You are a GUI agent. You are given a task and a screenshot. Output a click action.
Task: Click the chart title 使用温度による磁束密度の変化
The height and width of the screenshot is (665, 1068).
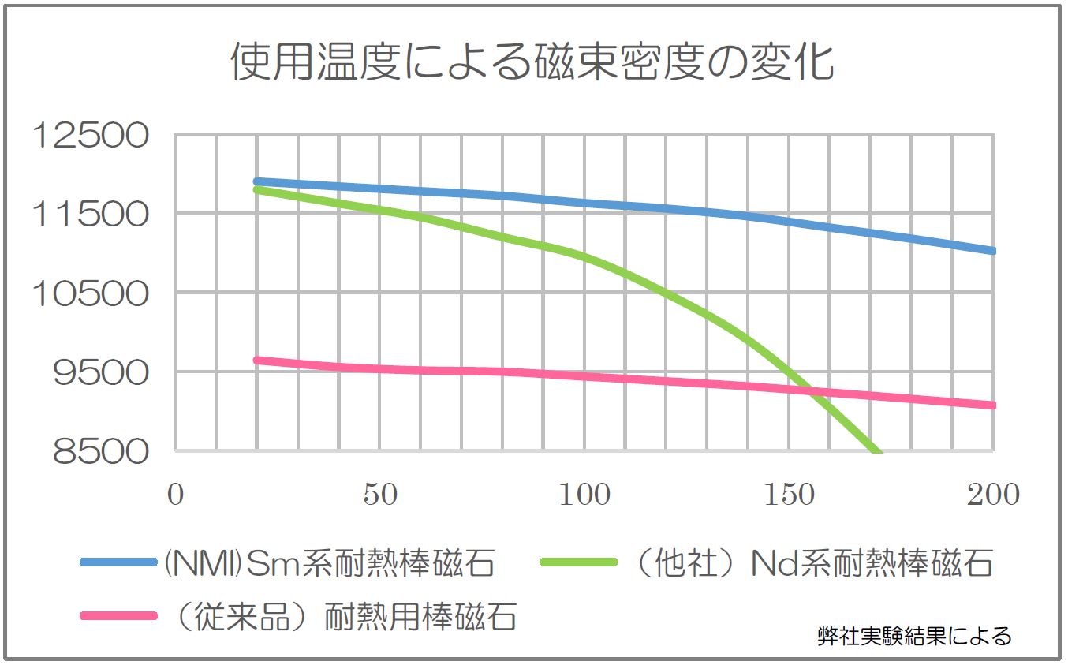point(532,62)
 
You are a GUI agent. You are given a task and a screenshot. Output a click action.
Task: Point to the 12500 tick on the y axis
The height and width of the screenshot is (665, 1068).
point(89,136)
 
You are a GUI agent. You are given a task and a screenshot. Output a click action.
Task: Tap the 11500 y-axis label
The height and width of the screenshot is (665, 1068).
point(89,214)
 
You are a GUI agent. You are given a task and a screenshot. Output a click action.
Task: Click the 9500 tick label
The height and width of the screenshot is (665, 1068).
point(100,372)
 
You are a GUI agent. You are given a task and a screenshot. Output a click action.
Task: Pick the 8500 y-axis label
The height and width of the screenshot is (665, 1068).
point(100,451)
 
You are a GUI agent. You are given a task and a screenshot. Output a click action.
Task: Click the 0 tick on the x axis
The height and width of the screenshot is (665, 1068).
point(175,495)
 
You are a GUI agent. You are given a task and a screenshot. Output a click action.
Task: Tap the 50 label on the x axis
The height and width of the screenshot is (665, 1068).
point(380,495)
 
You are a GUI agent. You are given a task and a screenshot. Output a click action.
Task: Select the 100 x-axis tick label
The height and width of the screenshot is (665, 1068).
point(584,495)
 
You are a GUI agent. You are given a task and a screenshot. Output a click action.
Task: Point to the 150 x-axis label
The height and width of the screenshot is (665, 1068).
point(790,495)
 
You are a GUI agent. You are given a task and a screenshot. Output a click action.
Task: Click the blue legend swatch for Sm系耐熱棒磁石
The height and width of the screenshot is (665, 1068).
point(120,562)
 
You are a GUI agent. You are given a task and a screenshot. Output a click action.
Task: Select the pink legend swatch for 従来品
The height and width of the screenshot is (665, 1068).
point(120,616)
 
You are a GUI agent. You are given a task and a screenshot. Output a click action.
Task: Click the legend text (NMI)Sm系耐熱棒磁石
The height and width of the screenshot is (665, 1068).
point(330,563)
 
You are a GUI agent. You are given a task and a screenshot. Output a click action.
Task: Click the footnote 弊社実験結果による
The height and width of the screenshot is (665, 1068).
point(914,636)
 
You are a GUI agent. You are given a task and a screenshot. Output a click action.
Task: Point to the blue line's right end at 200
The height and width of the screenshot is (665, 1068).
point(992,250)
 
